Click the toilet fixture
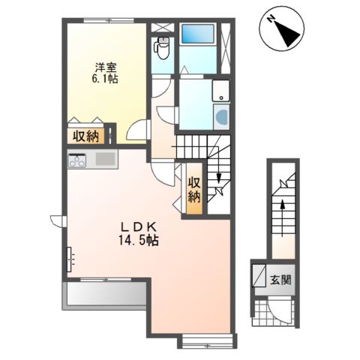click(x=163, y=48)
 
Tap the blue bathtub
click(x=198, y=34)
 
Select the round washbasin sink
click(x=222, y=116)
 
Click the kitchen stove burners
click(x=77, y=160)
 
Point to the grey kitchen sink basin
click(x=106, y=159)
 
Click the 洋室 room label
click(x=105, y=67)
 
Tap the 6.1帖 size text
click(x=105, y=79)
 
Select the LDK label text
click(x=139, y=227)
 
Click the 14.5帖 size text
click(x=139, y=241)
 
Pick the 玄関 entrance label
click(x=280, y=280)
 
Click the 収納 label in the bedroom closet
click(x=85, y=136)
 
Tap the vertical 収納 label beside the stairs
click(x=194, y=190)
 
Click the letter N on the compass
click(x=271, y=19)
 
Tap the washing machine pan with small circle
click(x=221, y=91)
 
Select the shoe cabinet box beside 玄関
click(x=259, y=275)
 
